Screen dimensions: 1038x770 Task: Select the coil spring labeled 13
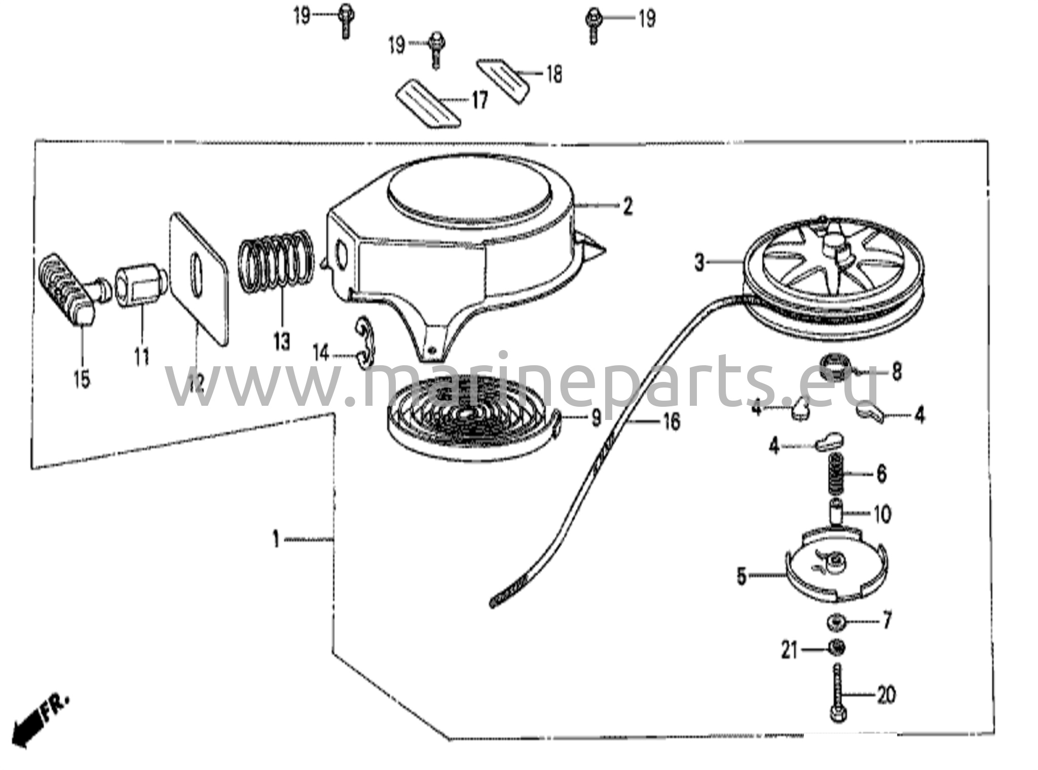click(276, 259)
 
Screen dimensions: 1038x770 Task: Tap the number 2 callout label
click(628, 207)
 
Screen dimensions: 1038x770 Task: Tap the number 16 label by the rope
click(672, 421)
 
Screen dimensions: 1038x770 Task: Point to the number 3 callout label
click(700, 263)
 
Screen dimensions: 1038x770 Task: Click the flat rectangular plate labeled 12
click(198, 278)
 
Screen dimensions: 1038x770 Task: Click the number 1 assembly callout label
click(276, 539)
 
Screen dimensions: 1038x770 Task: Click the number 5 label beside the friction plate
click(742, 576)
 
